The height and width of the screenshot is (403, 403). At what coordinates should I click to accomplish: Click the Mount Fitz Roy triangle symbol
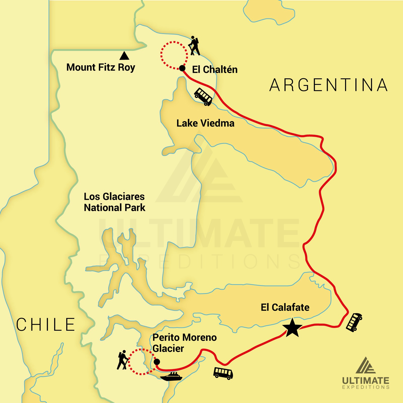point(124,56)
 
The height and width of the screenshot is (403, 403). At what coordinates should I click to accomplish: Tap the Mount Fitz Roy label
point(101,68)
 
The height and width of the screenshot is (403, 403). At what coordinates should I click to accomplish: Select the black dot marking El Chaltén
point(182,68)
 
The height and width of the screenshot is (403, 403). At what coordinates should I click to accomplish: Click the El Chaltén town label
point(215,70)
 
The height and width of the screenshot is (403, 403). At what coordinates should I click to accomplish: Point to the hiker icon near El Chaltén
point(194,46)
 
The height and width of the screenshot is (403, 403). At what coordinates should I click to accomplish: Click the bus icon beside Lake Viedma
point(203,96)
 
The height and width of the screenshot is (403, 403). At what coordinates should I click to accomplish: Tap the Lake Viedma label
point(205,123)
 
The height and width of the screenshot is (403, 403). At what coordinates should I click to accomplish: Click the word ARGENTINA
point(328,85)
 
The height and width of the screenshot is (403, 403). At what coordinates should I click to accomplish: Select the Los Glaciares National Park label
point(115,202)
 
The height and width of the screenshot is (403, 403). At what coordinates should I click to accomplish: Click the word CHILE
point(46,324)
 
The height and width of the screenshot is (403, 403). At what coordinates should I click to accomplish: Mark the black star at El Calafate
point(292,328)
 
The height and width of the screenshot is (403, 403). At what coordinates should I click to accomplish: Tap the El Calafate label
point(285,308)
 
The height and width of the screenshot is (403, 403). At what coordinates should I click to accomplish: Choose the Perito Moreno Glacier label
point(184,343)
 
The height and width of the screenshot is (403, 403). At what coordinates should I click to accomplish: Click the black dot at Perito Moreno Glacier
point(157,362)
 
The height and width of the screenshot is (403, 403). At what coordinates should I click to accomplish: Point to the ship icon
point(171,377)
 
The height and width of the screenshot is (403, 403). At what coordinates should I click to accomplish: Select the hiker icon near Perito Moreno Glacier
point(122,360)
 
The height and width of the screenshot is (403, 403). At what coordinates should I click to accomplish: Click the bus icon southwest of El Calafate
point(223,373)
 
